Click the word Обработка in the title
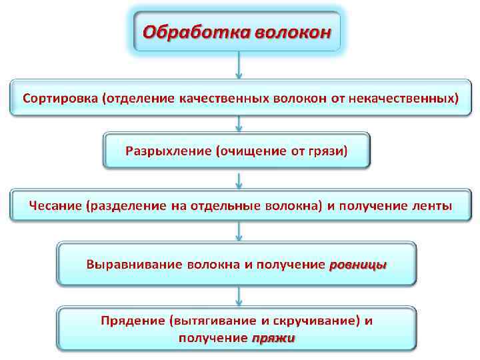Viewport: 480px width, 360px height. coord(192,31)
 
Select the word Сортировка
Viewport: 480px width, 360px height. coord(61,98)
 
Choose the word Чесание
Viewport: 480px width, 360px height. coord(55,205)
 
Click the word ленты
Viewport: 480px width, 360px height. coord(429,205)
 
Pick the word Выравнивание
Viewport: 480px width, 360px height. coord(125,264)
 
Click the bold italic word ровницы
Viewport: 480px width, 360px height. coord(358,265)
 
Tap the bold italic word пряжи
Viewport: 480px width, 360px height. coord(273,338)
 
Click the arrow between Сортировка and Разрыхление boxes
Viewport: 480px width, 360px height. coord(239,124)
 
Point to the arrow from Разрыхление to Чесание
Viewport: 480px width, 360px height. coord(239,179)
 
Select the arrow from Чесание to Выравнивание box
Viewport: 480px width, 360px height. coord(239,231)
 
